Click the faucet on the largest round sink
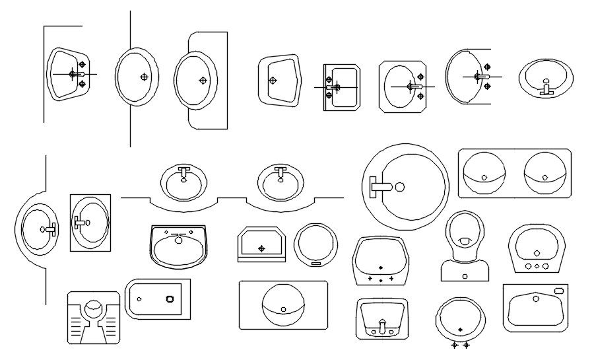[x=381, y=186]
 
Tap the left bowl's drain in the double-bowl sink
[x=484, y=177]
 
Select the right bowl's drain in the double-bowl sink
[x=544, y=177]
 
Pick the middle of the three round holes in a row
[x=537, y=266]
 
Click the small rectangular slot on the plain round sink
[x=315, y=264]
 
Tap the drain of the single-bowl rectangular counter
[x=283, y=308]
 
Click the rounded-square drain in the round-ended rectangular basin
[x=171, y=299]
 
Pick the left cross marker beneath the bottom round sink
[x=454, y=345]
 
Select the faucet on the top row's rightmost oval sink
[x=546, y=88]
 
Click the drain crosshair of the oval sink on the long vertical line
[x=144, y=77]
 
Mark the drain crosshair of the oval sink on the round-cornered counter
[x=203, y=80]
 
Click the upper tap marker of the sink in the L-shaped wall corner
[x=82, y=64]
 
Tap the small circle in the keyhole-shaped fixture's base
[x=465, y=275]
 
